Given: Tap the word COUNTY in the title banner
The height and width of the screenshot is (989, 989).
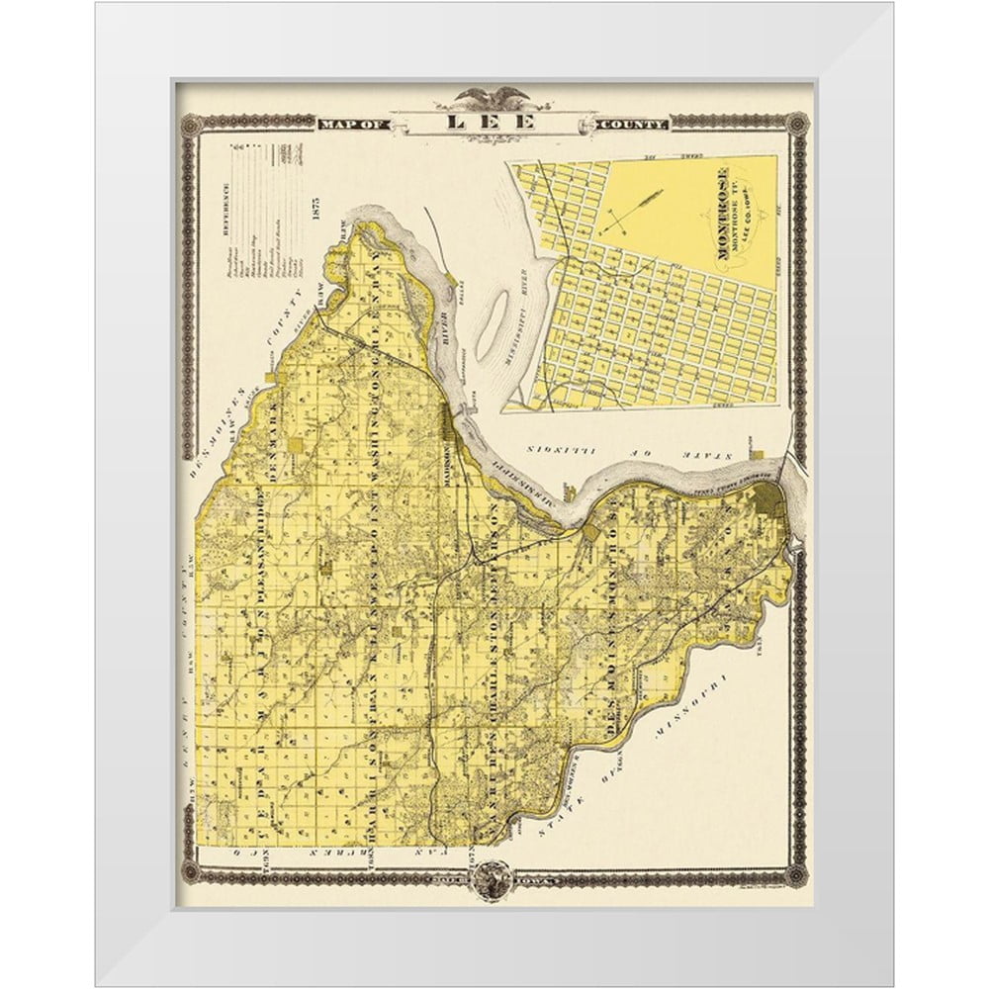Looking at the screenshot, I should coord(634,125).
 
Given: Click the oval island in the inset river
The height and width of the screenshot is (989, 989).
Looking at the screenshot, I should coord(487,338).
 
